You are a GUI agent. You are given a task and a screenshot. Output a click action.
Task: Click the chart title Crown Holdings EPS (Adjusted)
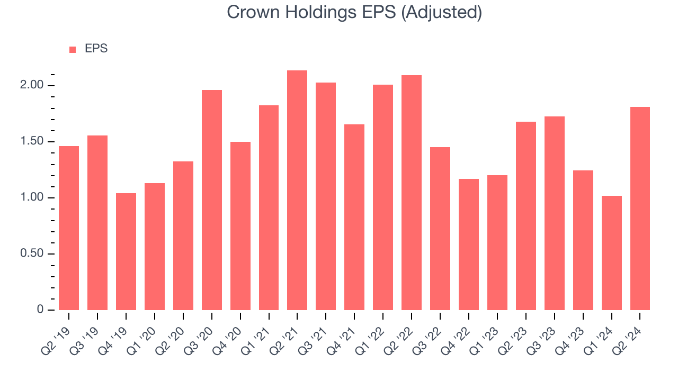[x=354, y=12]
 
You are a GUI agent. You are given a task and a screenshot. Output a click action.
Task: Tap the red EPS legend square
[x=73, y=49]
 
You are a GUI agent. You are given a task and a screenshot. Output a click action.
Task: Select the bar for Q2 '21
[x=297, y=190]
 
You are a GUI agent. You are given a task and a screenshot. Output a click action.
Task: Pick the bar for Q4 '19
[x=126, y=251]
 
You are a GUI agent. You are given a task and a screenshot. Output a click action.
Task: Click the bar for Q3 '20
[x=212, y=200]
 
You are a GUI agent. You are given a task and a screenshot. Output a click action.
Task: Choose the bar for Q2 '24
[x=640, y=208]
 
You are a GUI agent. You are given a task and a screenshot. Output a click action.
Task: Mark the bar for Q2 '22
[x=412, y=193]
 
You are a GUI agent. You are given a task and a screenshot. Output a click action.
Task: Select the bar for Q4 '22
[x=469, y=244]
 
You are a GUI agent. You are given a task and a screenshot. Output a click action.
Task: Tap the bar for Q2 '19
[x=69, y=228]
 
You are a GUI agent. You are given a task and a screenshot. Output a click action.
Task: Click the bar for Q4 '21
[x=354, y=217]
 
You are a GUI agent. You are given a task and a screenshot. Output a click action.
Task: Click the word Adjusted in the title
[x=442, y=12]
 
